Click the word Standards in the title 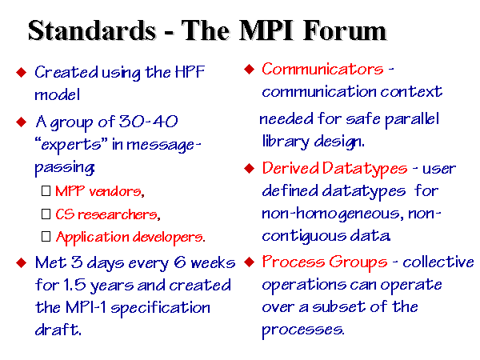(92, 30)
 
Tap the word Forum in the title (345, 30)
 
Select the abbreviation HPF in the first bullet (190, 72)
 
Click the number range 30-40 (148, 122)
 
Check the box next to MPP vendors (46, 191)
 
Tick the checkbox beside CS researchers (46, 214)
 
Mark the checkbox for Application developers (46, 236)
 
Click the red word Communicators (322, 69)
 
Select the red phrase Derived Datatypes (334, 169)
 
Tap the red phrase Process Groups (325, 262)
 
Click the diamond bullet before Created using (21, 72)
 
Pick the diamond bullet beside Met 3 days (21, 262)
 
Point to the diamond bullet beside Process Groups (250, 262)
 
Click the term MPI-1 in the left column (86, 307)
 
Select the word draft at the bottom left (58, 330)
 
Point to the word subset (339, 307)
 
